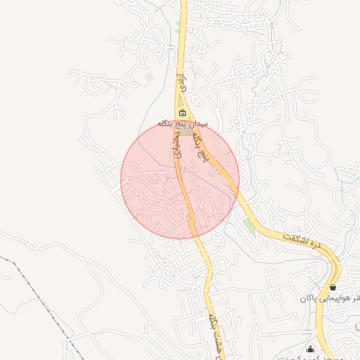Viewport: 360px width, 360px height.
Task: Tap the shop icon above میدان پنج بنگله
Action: tap(183, 113)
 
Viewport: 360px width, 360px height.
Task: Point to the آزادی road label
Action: tap(181, 85)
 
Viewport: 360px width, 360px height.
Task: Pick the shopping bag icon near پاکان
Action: tap(332, 288)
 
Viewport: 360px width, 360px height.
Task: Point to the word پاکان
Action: tap(314, 300)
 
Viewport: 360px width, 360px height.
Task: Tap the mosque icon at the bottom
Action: tap(310, 349)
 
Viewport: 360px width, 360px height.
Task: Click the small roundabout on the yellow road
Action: tap(191, 218)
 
